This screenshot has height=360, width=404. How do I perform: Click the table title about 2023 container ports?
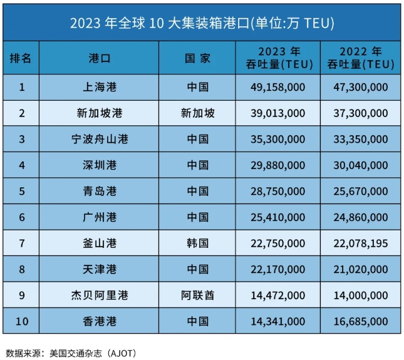[x=201, y=23]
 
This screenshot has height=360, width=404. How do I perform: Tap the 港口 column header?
[x=100, y=58]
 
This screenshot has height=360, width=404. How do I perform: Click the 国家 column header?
[x=198, y=58]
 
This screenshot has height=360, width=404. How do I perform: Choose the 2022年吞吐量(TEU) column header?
[x=360, y=58]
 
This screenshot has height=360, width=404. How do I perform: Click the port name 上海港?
[x=100, y=87]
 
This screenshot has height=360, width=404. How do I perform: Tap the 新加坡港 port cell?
[x=100, y=113]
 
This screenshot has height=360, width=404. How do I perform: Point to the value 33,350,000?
[x=360, y=140]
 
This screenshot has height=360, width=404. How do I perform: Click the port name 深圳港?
[x=100, y=165]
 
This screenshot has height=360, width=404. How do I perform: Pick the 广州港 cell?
[x=100, y=217]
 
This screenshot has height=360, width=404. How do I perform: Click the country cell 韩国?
[x=198, y=243]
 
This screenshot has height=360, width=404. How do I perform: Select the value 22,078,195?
[x=360, y=243]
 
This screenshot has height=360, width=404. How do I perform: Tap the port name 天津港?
[x=100, y=269]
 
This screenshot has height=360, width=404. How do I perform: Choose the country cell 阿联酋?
[x=198, y=295]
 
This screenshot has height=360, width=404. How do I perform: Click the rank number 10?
[x=23, y=321]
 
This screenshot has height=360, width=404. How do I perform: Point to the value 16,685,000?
[x=360, y=321]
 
